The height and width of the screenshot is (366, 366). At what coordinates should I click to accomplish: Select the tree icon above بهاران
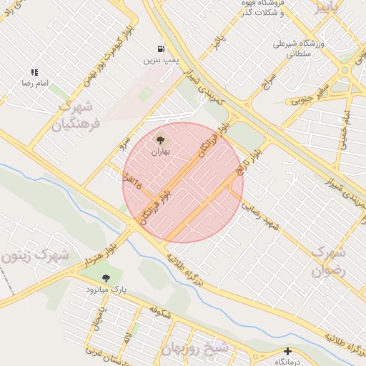160,140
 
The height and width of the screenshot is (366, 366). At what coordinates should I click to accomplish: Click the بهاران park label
160,152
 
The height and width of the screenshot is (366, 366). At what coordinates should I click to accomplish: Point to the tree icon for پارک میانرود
107,277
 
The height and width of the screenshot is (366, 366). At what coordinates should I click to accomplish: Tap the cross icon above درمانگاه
287,351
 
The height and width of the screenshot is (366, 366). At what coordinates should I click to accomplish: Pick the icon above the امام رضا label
34,72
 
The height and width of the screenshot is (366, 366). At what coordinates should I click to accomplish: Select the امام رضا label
34,84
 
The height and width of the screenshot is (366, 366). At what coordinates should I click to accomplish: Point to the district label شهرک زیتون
36,254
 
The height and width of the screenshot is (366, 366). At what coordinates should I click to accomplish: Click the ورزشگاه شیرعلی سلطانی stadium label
299,47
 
